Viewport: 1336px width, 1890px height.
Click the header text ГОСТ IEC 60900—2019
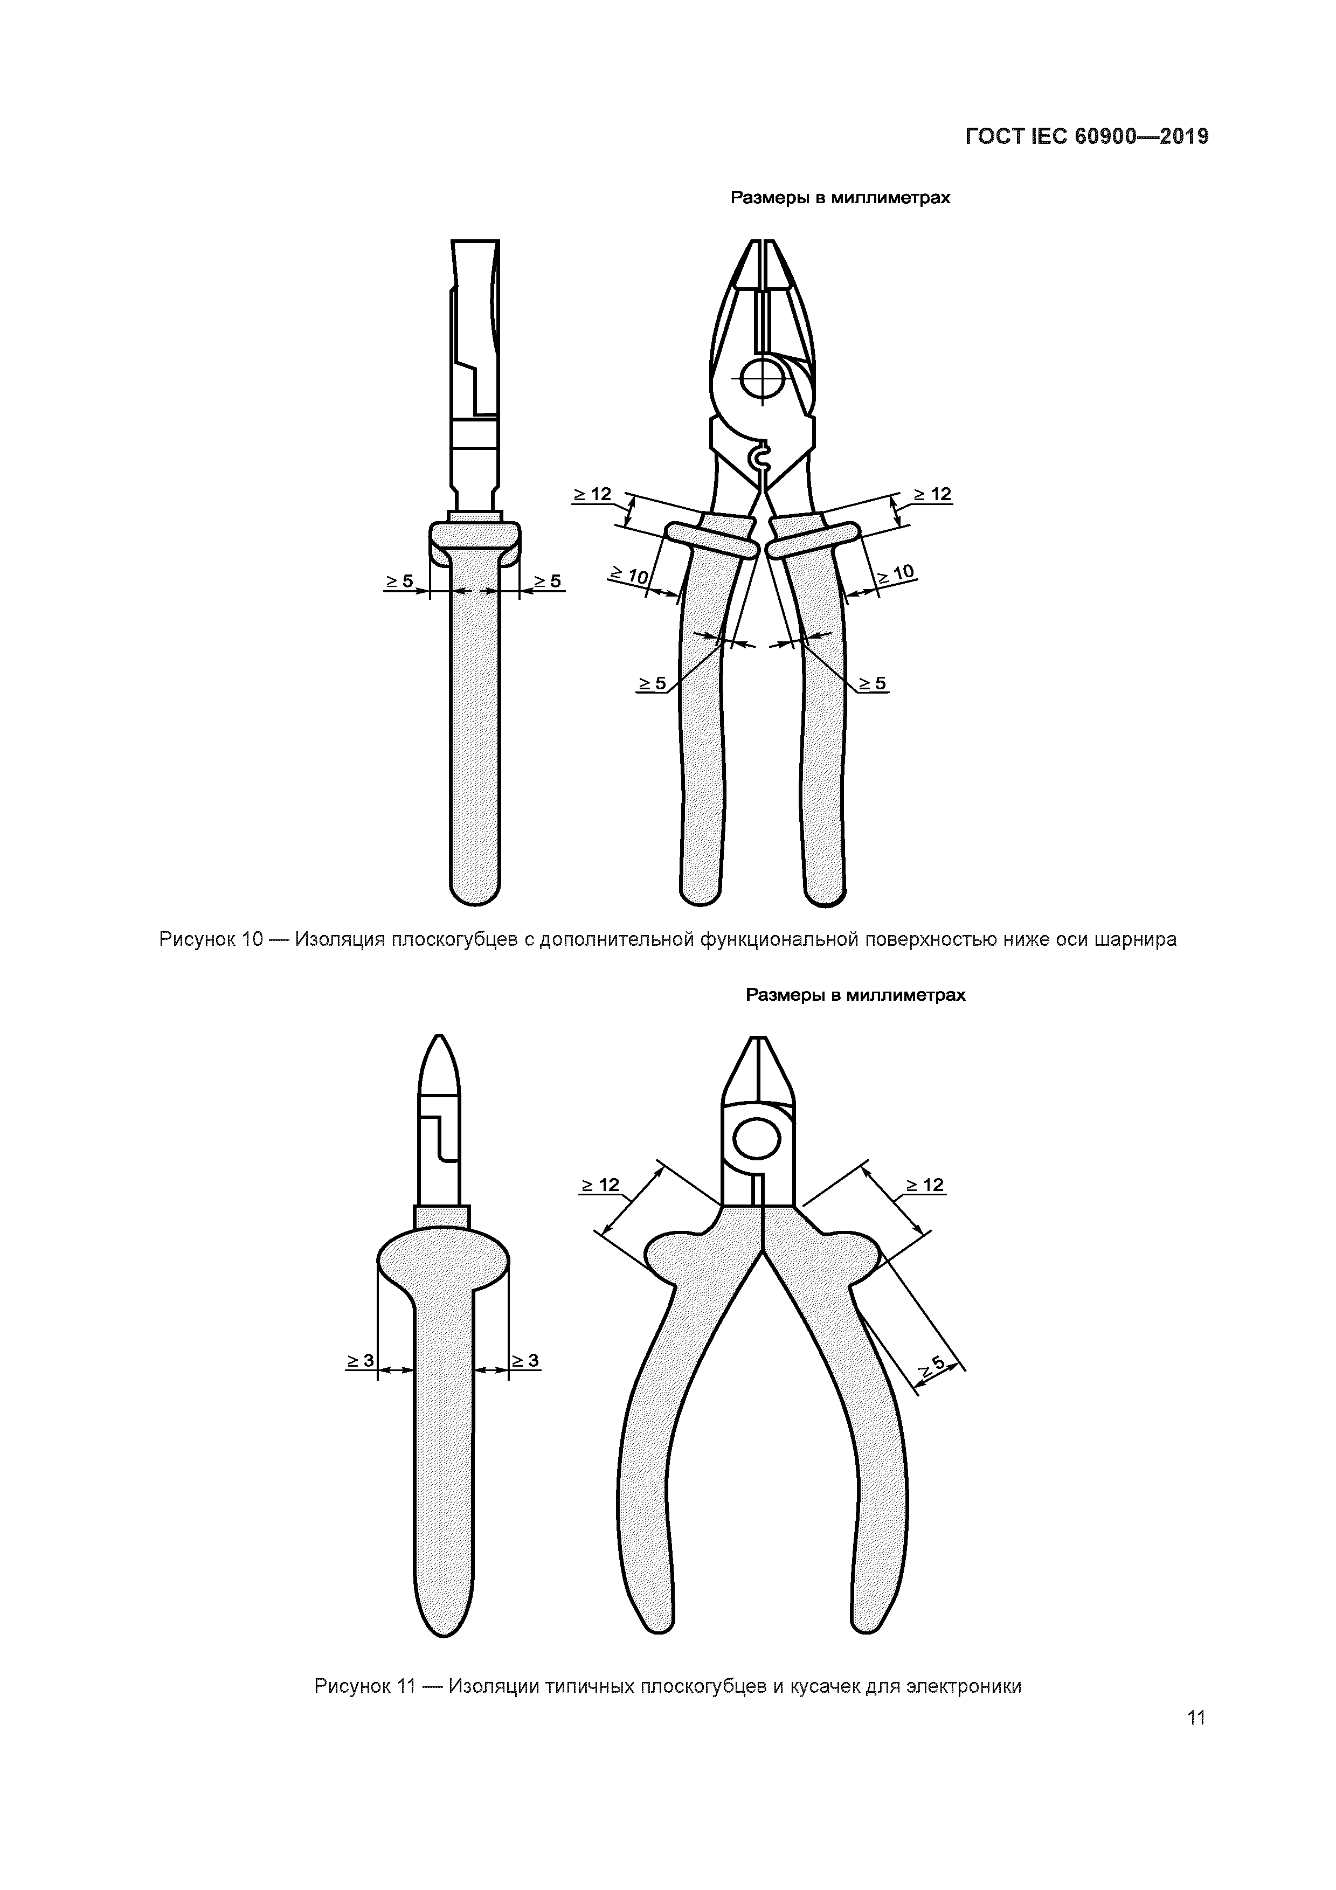pos(1086,137)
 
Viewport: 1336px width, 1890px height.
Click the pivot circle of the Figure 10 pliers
pos(765,379)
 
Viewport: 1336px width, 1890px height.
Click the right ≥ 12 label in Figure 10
pos(933,494)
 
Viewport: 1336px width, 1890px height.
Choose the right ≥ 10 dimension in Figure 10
pos(896,574)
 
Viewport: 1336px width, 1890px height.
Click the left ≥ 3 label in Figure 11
pos(359,1361)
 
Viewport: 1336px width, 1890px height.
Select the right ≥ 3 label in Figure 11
pos(525,1361)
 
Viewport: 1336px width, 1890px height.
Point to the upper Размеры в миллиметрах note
pos(840,198)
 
